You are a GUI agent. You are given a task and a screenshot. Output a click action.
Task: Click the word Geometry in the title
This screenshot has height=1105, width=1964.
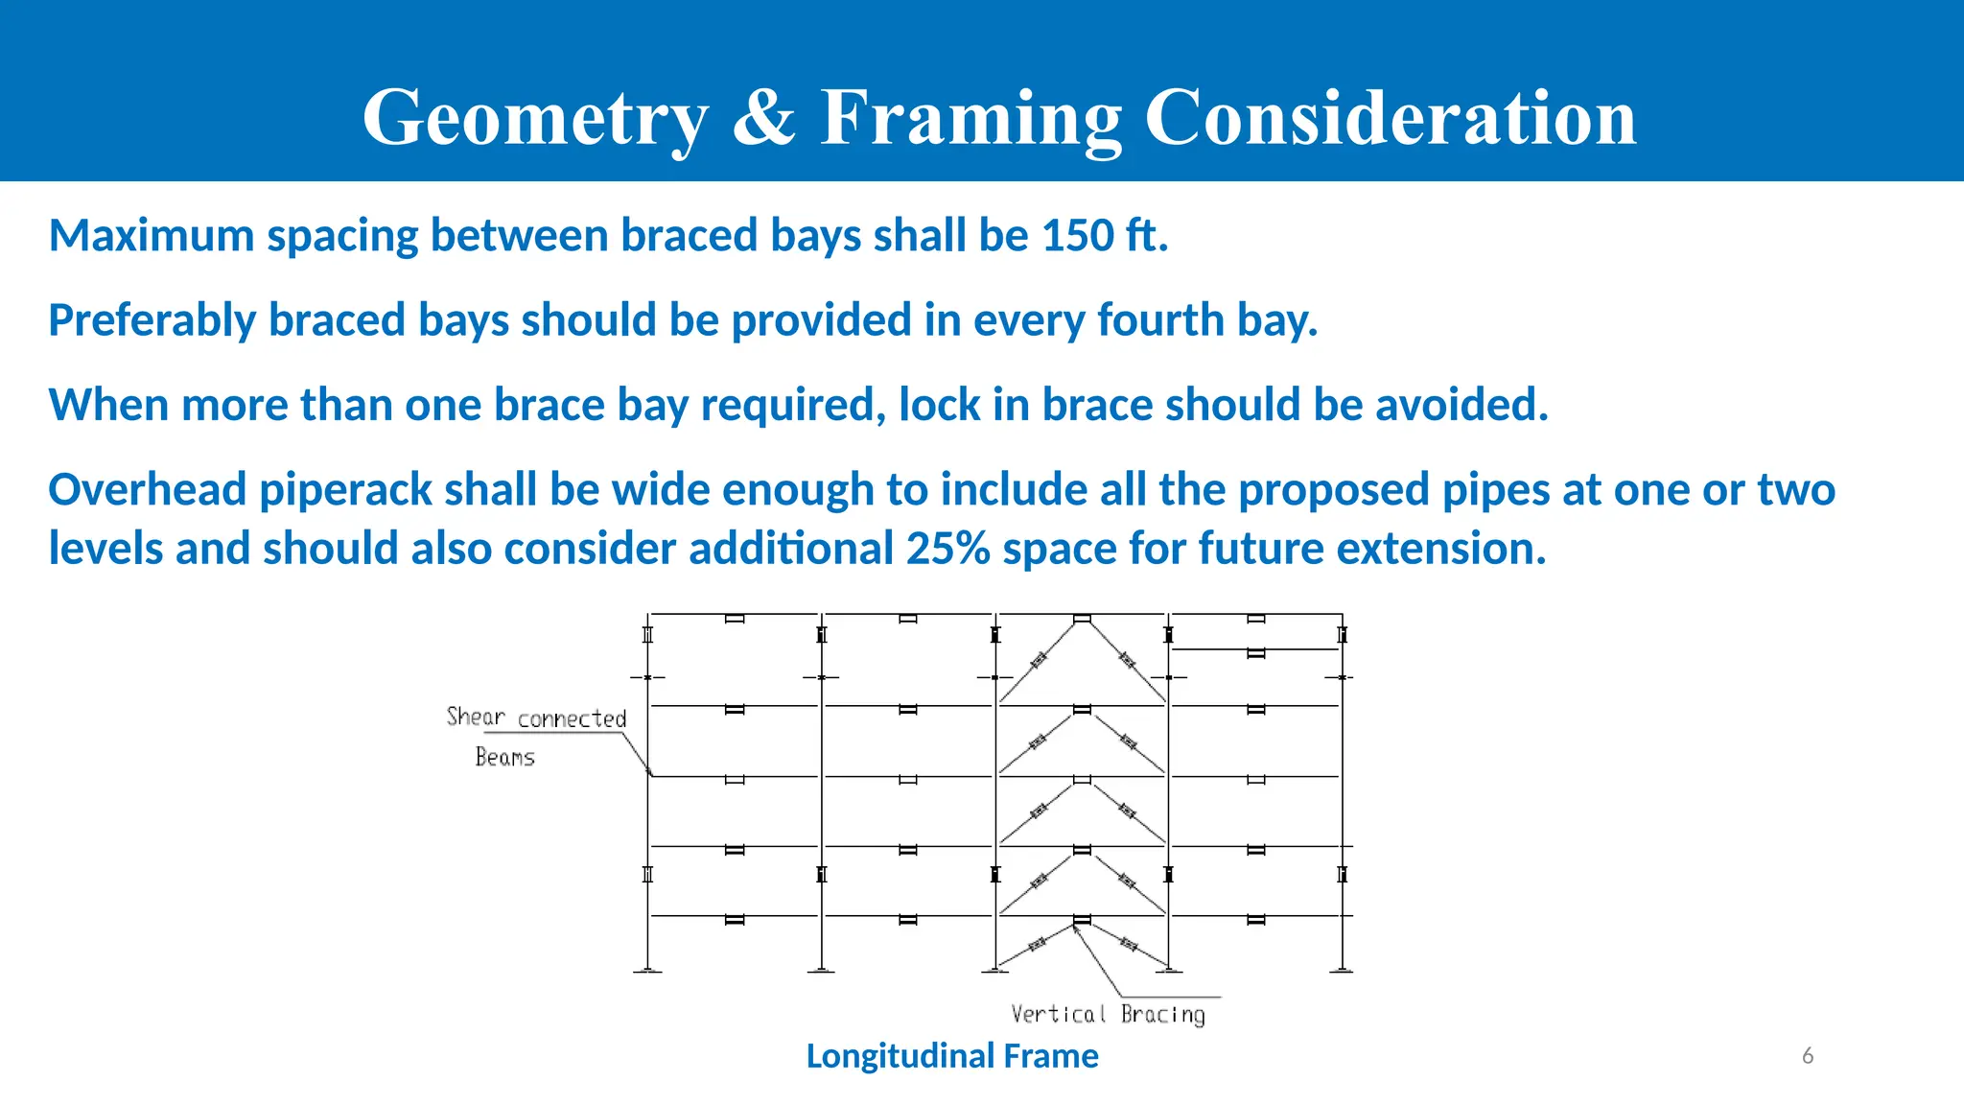[x=535, y=119]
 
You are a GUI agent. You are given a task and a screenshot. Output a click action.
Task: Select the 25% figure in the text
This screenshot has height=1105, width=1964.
[x=947, y=549]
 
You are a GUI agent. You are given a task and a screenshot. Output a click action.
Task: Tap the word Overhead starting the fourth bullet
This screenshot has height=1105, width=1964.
[x=148, y=489]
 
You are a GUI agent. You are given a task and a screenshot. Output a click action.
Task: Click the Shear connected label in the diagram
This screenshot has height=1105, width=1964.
[x=536, y=717]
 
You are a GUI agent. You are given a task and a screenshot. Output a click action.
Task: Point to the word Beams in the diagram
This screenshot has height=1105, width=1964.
[x=504, y=757]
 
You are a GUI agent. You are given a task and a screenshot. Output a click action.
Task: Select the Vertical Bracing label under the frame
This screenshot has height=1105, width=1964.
[x=1108, y=1014]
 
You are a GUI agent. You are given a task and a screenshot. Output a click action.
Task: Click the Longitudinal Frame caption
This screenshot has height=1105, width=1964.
[x=951, y=1056]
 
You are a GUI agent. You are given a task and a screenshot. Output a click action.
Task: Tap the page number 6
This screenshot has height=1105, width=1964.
[x=1807, y=1056]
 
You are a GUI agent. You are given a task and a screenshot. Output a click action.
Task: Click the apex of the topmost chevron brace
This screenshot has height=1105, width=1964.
[x=1082, y=620]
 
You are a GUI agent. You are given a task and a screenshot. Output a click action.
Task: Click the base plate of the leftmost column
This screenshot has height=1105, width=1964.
[x=647, y=972]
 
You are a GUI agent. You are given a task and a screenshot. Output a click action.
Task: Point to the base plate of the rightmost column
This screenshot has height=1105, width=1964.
[x=1342, y=972]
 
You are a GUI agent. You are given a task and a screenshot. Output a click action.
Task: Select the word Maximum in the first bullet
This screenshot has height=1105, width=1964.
[x=152, y=236]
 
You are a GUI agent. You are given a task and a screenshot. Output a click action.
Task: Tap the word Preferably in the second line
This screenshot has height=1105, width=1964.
[x=152, y=320]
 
